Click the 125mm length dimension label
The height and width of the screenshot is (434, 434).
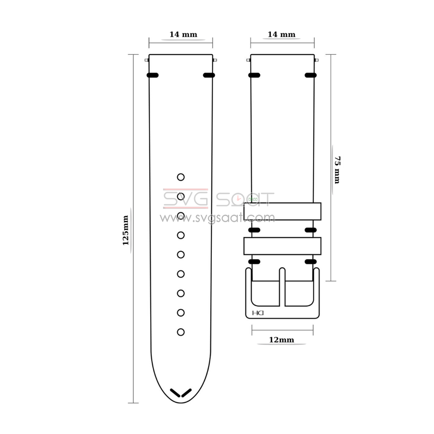click(126, 230)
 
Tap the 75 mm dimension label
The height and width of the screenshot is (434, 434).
click(337, 170)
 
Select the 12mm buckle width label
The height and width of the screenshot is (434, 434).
click(282, 340)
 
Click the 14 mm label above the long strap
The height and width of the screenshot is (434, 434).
click(183, 35)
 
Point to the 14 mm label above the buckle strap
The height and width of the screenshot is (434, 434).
click(282, 35)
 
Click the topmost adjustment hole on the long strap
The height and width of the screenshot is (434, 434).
click(181, 177)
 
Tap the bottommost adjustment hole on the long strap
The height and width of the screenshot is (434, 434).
click(181, 332)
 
